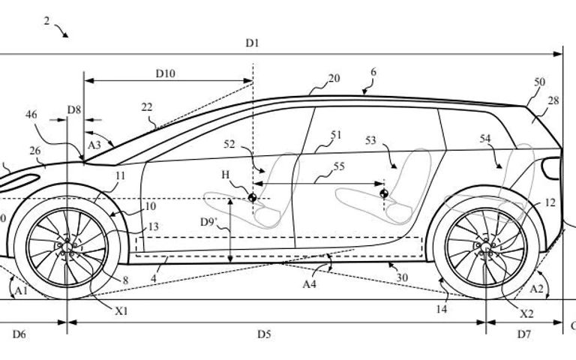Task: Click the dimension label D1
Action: (252, 43)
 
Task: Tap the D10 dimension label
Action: (165, 73)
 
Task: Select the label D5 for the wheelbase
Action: (264, 334)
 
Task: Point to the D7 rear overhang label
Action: (524, 334)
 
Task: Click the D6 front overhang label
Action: (19, 334)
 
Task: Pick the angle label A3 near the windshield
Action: (94, 145)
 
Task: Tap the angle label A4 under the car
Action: (309, 283)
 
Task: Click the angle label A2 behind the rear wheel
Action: (536, 289)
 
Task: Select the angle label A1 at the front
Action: (21, 291)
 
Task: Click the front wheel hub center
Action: (67, 247)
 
